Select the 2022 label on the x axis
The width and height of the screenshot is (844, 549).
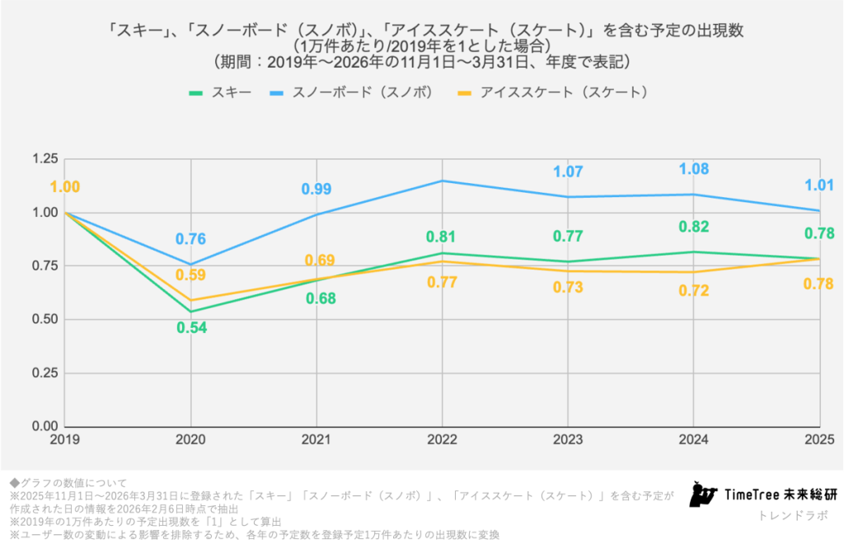click(443, 440)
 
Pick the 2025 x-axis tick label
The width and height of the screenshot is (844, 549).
click(818, 440)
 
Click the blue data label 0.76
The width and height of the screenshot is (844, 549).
click(190, 240)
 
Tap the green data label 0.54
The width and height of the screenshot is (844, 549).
click(191, 327)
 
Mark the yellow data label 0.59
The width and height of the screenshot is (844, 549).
click(190, 275)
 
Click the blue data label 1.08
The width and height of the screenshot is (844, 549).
click(694, 169)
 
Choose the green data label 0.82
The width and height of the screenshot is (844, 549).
click(694, 227)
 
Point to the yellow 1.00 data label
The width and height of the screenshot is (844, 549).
click(65, 187)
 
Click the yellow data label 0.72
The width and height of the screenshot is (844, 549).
click(694, 290)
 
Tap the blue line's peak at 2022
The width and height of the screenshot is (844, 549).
click(442, 181)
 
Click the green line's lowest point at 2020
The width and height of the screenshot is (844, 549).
click(191, 312)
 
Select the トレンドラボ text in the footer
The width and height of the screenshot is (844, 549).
click(793, 515)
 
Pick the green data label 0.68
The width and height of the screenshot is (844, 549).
click(316, 298)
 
